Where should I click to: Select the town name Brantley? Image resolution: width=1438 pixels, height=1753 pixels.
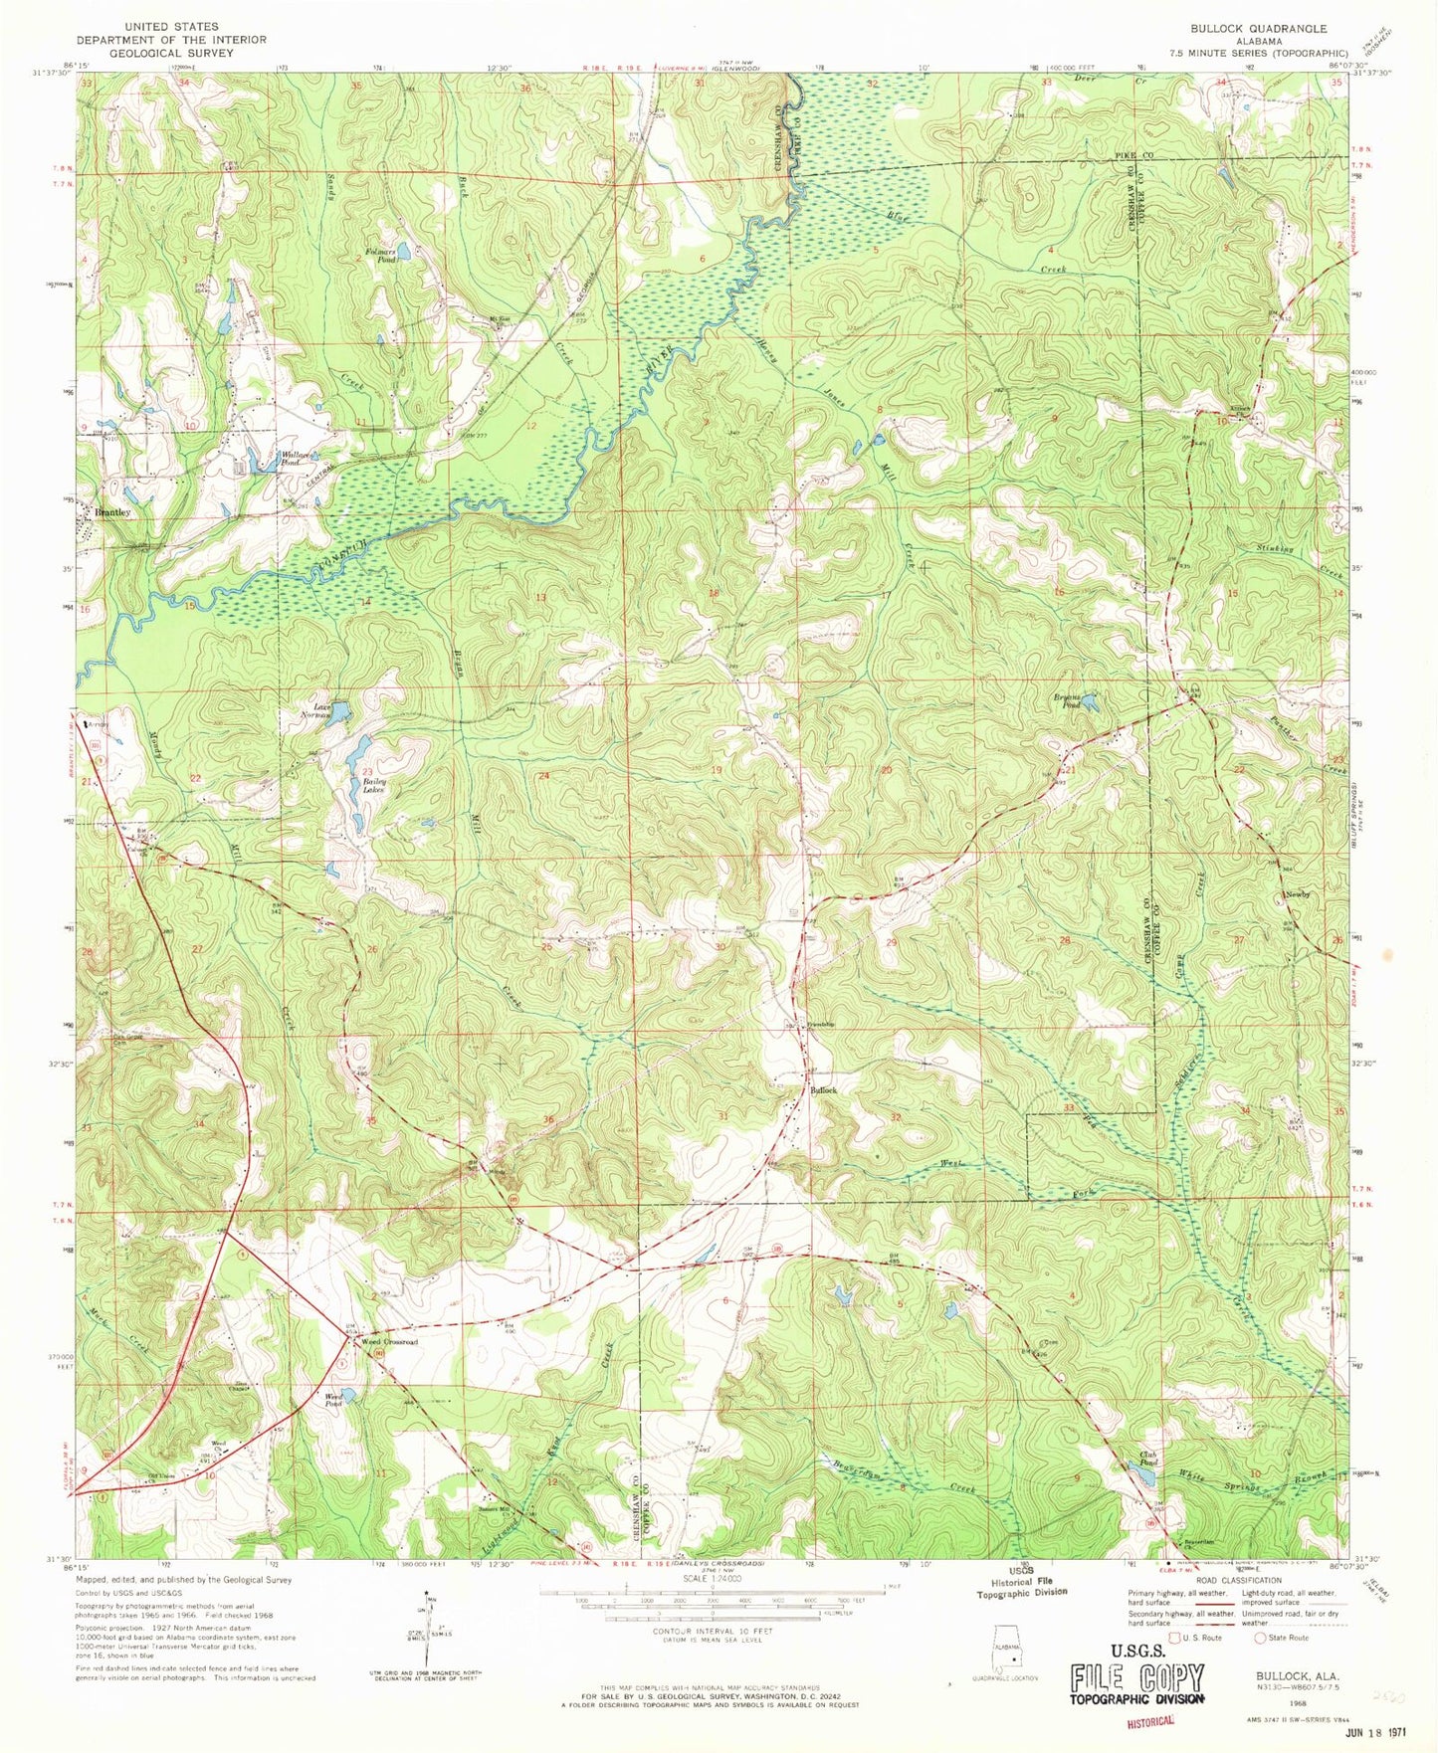point(111,512)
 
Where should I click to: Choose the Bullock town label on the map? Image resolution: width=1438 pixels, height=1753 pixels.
point(823,1090)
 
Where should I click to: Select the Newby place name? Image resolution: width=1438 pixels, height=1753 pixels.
point(1298,894)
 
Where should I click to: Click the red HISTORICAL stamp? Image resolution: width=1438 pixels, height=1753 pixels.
point(1152,1718)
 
